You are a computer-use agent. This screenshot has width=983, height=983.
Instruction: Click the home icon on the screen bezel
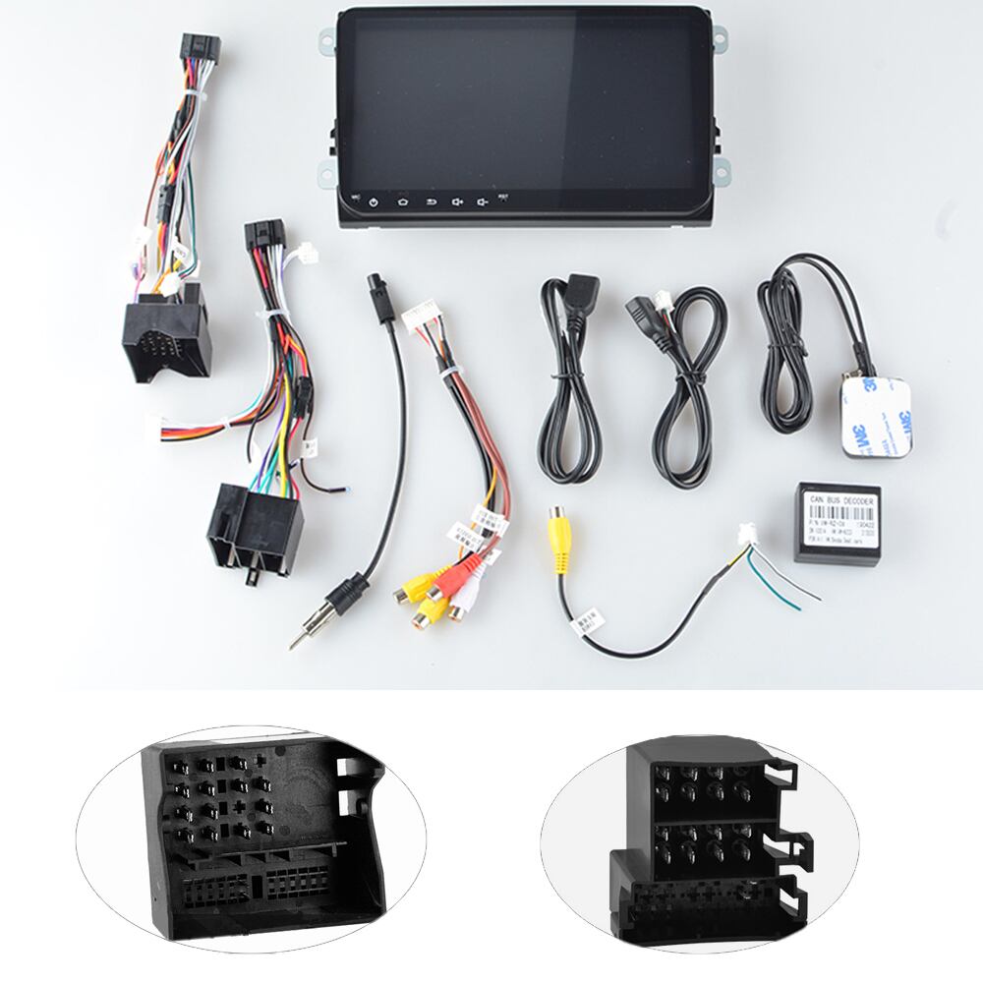tap(401, 202)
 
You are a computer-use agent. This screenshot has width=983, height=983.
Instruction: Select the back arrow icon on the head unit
tap(430, 202)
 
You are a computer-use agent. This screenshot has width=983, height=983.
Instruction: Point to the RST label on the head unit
tap(503, 196)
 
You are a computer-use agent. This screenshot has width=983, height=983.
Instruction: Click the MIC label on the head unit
tap(352, 195)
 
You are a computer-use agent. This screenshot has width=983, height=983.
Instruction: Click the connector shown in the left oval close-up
tap(251, 835)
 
